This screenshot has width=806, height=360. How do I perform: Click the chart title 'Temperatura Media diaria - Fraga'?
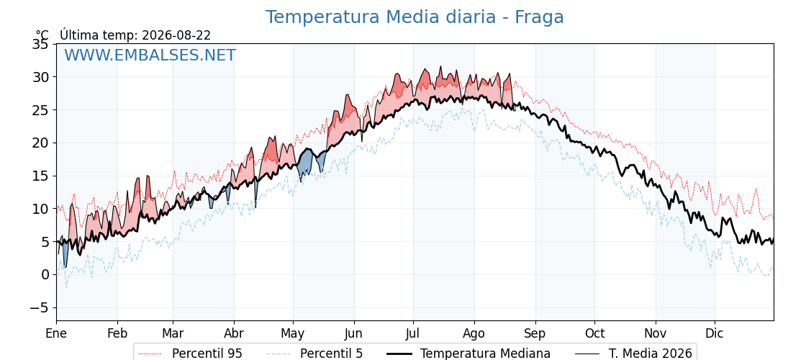pyautogui.click(x=415, y=17)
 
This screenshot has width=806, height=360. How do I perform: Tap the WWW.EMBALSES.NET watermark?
pyautogui.click(x=150, y=55)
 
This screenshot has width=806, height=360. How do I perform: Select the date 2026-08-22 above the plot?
pyautogui.click(x=176, y=35)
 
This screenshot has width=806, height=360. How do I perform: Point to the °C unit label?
pyautogui.click(x=42, y=35)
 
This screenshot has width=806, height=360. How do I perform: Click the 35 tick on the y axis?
pyautogui.click(x=40, y=44)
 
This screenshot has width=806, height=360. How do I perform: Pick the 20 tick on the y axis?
pyautogui.click(x=40, y=143)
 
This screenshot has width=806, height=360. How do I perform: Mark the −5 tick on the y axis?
pyautogui.click(x=37, y=307)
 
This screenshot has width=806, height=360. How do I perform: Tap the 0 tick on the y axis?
pyautogui.click(x=45, y=274)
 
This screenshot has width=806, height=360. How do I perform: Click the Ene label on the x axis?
pyautogui.click(x=56, y=334)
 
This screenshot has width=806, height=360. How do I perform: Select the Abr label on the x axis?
pyautogui.click(x=234, y=334)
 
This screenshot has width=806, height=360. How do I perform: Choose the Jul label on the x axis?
pyautogui.click(x=413, y=334)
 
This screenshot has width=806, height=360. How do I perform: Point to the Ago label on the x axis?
pyautogui.click(x=474, y=334)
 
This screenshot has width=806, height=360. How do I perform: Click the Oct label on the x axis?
pyautogui.click(x=594, y=334)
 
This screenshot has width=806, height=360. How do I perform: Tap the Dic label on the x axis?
pyautogui.click(x=715, y=334)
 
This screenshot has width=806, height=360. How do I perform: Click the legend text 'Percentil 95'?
pyautogui.click(x=207, y=354)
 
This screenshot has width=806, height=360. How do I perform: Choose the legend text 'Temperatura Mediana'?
pyautogui.click(x=485, y=354)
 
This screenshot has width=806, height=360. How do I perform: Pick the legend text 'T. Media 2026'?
pyautogui.click(x=651, y=354)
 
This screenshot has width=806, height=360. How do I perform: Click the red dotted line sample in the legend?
pyautogui.click(x=150, y=354)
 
